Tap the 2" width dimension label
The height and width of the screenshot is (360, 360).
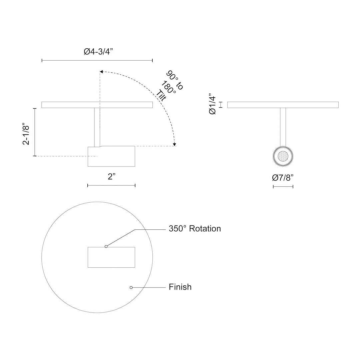click(111, 177)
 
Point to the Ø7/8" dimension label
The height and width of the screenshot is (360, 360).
click(283, 178)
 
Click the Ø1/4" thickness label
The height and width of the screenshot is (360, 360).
click(212, 105)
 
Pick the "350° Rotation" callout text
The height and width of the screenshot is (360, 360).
click(194, 229)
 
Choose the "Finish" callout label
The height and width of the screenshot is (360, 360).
click(180, 287)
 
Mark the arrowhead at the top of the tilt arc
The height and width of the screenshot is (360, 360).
click(101, 71)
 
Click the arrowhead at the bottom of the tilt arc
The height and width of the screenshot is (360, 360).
click(174, 144)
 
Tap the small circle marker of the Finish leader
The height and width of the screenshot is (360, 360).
click(131, 287)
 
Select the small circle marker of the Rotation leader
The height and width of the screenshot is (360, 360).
click(106, 246)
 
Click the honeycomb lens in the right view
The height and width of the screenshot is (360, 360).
click(283, 156)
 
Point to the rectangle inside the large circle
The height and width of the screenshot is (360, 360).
click(111, 257)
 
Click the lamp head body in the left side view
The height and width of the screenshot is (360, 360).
click(111, 156)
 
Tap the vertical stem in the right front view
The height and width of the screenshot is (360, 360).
click(283, 127)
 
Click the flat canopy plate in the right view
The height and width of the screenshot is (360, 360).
click(283, 105)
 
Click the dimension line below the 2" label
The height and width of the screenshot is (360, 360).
click(111, 185)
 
